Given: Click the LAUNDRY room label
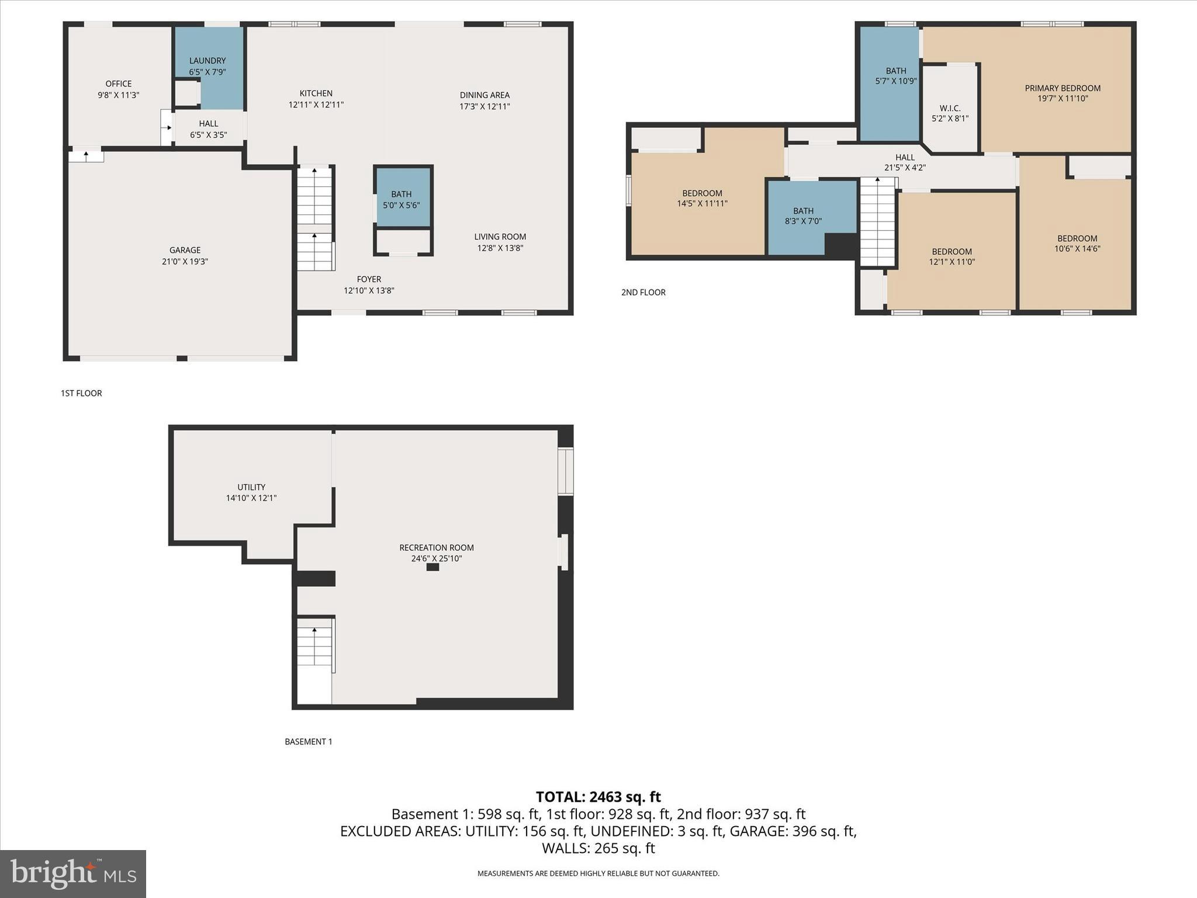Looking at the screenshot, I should [x=207, y=61].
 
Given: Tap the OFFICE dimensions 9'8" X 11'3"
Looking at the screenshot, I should [x=118, y=95].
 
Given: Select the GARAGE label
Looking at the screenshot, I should [x=185, y=250].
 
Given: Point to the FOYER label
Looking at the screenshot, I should [x=369, y=279].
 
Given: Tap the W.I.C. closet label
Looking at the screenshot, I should [x=950, y=108].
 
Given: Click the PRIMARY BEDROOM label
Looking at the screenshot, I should [x=1062, y=88].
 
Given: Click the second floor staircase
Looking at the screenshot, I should [x=877, y=222].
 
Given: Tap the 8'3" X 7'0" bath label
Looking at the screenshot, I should [x=803, y=222].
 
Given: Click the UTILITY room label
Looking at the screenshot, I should [x=251, y=487].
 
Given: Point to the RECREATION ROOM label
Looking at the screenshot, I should [x=436, y=548].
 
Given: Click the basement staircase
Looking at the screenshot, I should [x=315, y=649].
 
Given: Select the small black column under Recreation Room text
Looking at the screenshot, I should [x=433, y=567].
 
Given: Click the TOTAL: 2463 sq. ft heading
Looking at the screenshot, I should [x=598, y=797].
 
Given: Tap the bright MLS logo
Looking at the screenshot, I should [x=73, y=873].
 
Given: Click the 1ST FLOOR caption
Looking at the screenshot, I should [x=81, y=393].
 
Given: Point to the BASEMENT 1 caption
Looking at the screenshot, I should [x=308, y=742].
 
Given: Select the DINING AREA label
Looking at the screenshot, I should [x=484, y=95].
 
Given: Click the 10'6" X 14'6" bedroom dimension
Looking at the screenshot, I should [x=1077, y=248].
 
